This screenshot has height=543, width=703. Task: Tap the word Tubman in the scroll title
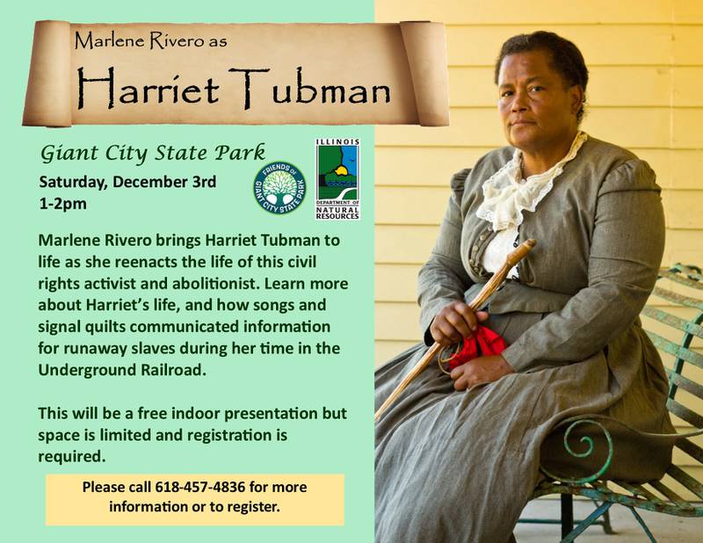coord(310,89)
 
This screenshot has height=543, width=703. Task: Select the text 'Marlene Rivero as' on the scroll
coord(150,40)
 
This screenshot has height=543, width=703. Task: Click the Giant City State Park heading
coord(153,154)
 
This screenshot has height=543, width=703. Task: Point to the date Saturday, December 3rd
coord(127,182)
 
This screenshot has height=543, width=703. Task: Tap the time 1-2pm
coord(62,204)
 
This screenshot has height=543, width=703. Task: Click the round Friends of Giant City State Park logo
coord(279,188)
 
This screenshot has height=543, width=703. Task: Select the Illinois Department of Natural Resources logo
coord(337,179)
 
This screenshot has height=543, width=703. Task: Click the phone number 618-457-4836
coord(200,487)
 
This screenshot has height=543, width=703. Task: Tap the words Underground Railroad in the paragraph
coord(122,371)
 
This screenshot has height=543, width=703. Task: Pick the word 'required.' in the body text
coord(72,457)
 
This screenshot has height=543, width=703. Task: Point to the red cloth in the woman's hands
coord(478,345)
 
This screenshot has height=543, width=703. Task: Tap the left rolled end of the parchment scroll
coord(47,74)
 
